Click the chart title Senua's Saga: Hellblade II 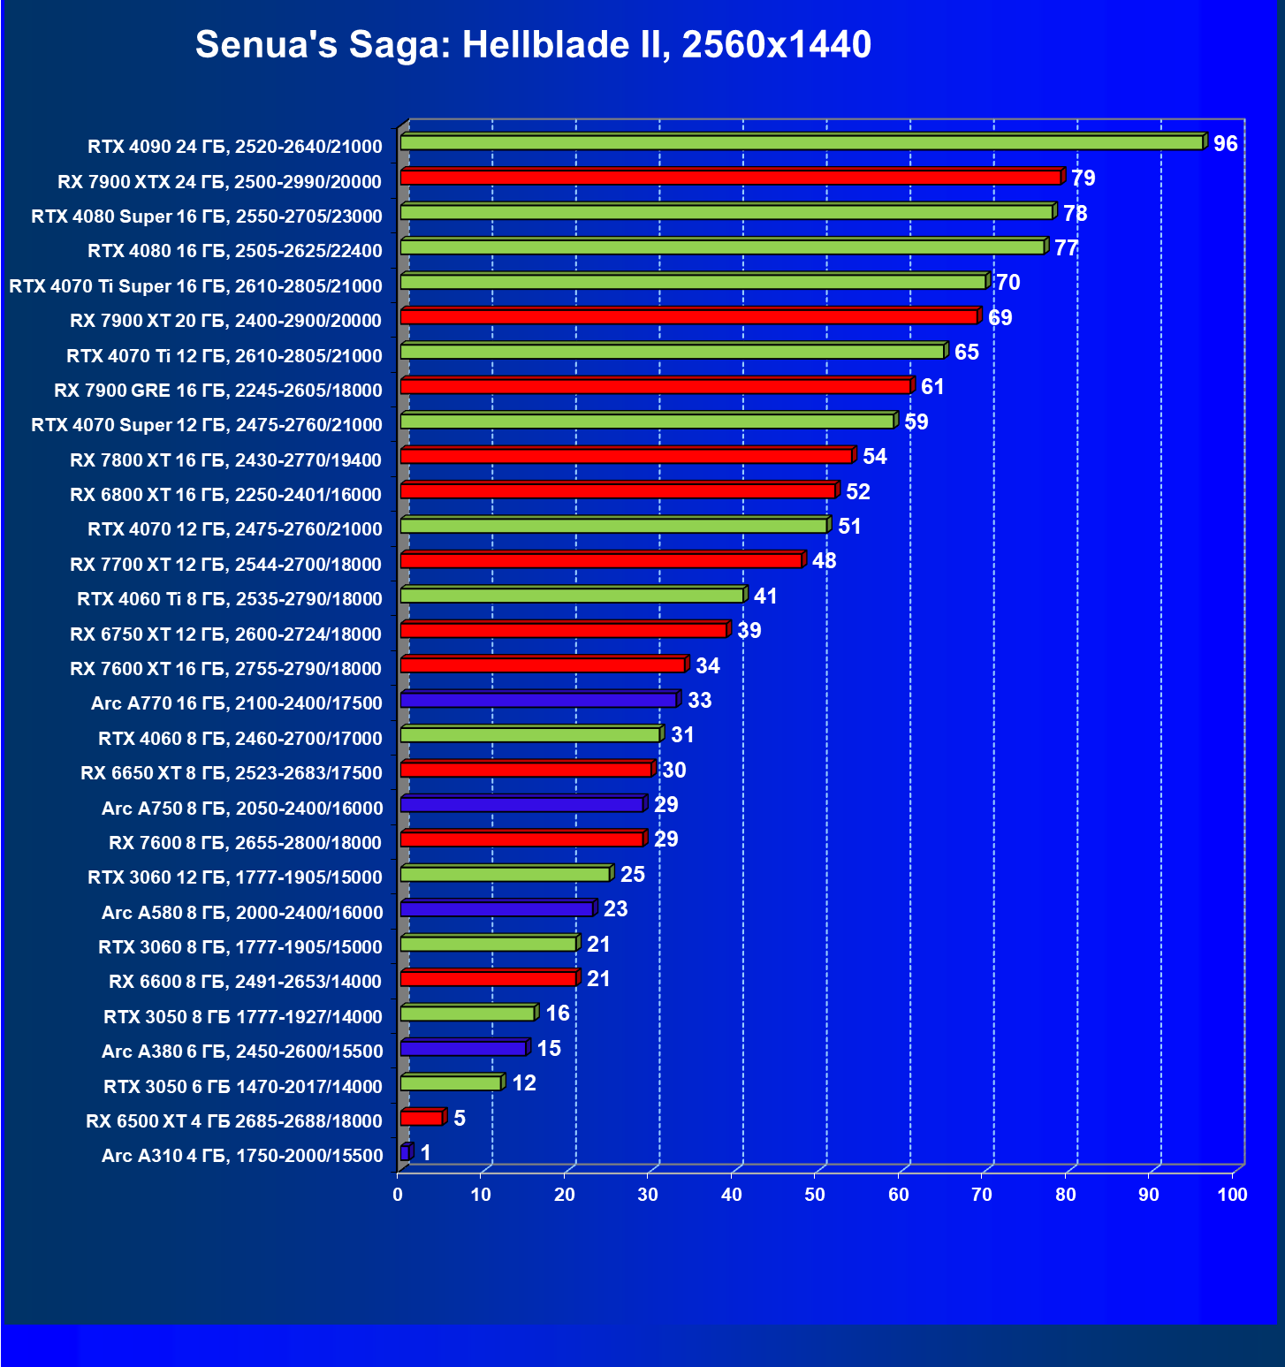tap(533, 44)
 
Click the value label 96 tap(1225, 144)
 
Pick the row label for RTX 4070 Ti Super tap(195, 286)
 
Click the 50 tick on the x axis tap(815, 1195)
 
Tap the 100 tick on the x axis tap(1232, 1195)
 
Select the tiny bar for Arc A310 tap(405, 1152)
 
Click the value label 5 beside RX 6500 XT tap(460, 1119)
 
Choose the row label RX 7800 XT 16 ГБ tap(225, 460)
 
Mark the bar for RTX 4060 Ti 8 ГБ tap(571, 596)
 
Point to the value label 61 tap(932, 387)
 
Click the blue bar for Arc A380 tap(462, 1048)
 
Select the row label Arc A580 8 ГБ tap(242, 913)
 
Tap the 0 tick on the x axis tap(398, 1195)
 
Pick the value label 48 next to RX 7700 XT tap(824, 561)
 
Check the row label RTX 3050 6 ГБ tap(242, 1087)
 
